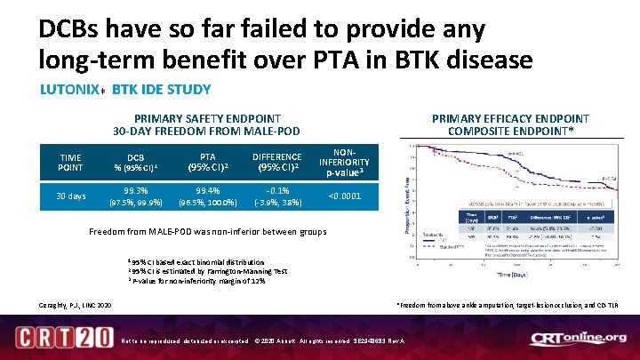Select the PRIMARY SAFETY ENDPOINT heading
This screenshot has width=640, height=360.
pos(207,124)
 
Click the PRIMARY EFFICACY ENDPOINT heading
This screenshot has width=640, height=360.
pos(509,124)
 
